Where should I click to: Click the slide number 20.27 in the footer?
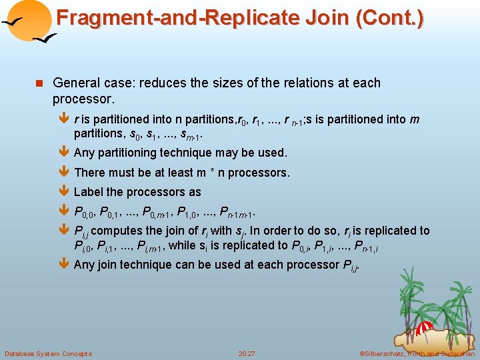point(247,353)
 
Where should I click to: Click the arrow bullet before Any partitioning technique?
point(64,153)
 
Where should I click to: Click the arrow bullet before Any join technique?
point(64,265)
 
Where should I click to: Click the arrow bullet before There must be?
point(64,173)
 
